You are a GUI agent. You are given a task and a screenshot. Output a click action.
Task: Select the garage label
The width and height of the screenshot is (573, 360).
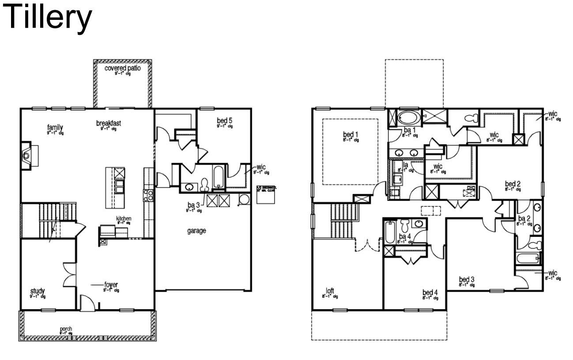point(196,230)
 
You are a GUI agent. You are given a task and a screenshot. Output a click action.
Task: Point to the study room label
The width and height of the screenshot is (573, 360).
point(37,291)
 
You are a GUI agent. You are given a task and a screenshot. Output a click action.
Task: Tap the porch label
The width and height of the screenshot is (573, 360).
point(66,329)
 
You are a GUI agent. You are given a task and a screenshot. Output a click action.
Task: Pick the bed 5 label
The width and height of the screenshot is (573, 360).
point(224,120)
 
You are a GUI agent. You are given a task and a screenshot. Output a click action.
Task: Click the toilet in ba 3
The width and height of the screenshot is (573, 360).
point(204,184)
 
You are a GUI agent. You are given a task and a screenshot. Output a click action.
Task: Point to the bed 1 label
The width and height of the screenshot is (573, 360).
point(351,134)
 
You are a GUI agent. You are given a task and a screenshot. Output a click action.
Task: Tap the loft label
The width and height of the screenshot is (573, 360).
point(330,291)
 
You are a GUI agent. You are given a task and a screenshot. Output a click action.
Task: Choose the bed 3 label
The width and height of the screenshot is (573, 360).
point(466,279)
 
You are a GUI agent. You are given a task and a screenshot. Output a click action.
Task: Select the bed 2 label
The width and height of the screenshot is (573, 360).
point(513,184)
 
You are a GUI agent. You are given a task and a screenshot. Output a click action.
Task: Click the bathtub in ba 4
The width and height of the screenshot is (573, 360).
point(389,232)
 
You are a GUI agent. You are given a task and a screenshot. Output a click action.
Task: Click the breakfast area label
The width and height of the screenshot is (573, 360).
point(108,124)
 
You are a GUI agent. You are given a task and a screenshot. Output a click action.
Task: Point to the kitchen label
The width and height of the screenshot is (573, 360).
point(124,219)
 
